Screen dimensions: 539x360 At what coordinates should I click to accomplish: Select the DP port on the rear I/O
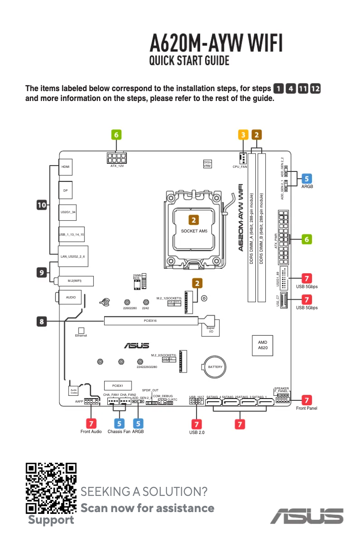pyautogui.click(x=66, y=190)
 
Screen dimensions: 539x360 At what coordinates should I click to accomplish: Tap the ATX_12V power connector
pyautogui.click(x=117, y=158)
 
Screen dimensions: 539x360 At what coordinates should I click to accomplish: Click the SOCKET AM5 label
pyautogui.click(x=194, y=231)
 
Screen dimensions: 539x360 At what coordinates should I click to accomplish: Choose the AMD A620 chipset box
pyautogui.click(x=263, y=345)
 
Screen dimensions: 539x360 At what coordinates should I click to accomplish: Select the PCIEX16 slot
pyautogui.click(x=150, y=321)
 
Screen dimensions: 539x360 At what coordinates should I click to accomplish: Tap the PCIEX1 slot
pyautogui.click(x=118, y=386)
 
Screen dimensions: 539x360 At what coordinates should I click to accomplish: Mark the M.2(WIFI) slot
pyautogui.click(x=75, y=281)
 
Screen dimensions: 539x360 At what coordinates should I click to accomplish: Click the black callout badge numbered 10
pyautogui.click(x=41, y=205)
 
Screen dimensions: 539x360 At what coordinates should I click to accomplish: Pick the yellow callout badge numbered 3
pyautogui.click(x=242, y=134)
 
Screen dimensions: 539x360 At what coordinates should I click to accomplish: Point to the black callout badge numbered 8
pyautogui.click(x=41, y=321)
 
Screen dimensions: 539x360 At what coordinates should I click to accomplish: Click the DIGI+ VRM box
pyautogui.click(x=207, y=164)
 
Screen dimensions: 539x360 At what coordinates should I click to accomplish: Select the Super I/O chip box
pyautogui.click(x=210, y=329)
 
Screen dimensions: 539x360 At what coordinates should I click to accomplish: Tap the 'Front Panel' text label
pyautogui.click(x=307, y=408)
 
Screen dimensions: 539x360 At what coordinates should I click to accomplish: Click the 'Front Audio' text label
pyautogui.click(x=91, y=432)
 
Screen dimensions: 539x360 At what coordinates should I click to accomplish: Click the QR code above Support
pyautogui.click(x=51, y=488)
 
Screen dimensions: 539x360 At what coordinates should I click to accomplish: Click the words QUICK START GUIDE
pyautogui.click(x=189, y=61)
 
